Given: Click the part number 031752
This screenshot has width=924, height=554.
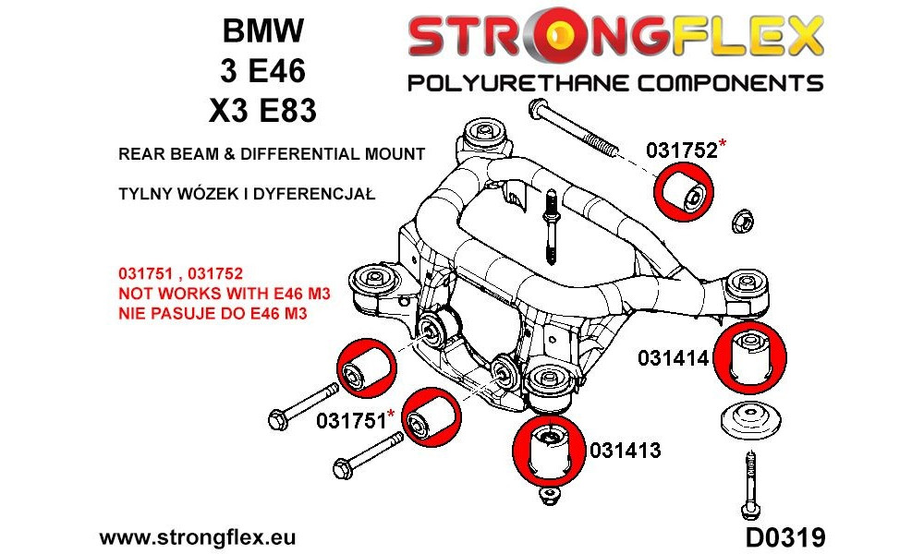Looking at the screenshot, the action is tap(682, 151).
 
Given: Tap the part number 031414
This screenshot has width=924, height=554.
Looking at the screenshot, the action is tap(673, 357).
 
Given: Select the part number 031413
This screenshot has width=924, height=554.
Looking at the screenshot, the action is tap(626, 451).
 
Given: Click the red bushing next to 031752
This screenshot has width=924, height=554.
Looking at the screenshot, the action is tap(684, 193).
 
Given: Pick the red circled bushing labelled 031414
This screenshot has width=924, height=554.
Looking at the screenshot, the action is tap(749, 357).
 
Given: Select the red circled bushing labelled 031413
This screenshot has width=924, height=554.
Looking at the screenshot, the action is tap(549, 451).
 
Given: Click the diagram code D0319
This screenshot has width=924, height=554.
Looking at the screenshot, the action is tap(784, 537).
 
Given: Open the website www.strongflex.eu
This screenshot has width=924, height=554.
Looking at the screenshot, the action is tap(198, 537).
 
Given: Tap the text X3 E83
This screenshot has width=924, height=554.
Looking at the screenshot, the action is tap(262, 110).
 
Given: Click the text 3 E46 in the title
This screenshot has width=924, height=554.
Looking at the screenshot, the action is tap(262, 70).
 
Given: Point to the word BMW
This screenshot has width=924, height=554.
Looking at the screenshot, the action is tap(262, 30).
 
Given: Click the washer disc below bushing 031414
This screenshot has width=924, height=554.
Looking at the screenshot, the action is tap(750, 420).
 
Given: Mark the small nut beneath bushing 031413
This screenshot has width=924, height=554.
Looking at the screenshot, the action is tap(549, 496).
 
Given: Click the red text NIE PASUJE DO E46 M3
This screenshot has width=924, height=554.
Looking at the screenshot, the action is tap(213, 313).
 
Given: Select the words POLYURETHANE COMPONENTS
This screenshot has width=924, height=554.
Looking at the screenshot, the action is tap(615, 83).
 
